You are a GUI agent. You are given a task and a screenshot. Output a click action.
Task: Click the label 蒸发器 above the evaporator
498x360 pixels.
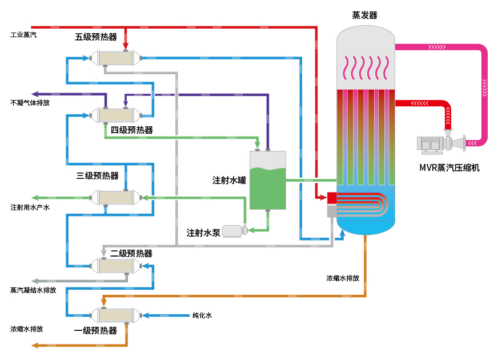tap(365, 15)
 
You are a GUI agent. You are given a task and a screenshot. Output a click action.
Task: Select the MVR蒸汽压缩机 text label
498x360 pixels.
tap(449, 168)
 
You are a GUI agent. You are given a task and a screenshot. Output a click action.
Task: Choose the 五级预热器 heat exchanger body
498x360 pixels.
tap(117, 58)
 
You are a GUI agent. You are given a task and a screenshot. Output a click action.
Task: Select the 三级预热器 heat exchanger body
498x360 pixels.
tap(117, 198)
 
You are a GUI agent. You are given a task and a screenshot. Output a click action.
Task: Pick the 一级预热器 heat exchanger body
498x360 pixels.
tap(117, 315)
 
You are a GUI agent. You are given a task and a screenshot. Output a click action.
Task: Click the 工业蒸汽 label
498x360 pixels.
tap(23, 35)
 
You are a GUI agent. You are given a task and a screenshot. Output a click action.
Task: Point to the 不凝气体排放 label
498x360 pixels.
tap(30, 103)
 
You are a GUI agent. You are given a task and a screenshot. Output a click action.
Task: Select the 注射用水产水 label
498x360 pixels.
tap(30, 207)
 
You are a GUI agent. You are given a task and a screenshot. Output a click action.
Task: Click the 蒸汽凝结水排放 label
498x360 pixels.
tap(33, 290)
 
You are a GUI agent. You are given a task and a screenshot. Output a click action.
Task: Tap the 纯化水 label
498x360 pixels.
tap(202, 315)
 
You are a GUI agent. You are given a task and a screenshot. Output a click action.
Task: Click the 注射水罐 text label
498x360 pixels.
tap(229, 180)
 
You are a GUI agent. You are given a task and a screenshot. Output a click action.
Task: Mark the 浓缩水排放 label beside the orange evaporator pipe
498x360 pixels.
tap(343, 278)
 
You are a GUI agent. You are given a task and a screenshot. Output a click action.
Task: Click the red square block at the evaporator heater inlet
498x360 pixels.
tap(331, 198)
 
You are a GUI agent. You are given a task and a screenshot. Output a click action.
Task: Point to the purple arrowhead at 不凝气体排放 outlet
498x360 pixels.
tap(35, 94)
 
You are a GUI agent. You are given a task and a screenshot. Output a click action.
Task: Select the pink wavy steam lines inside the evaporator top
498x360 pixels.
tap(366, 68)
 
